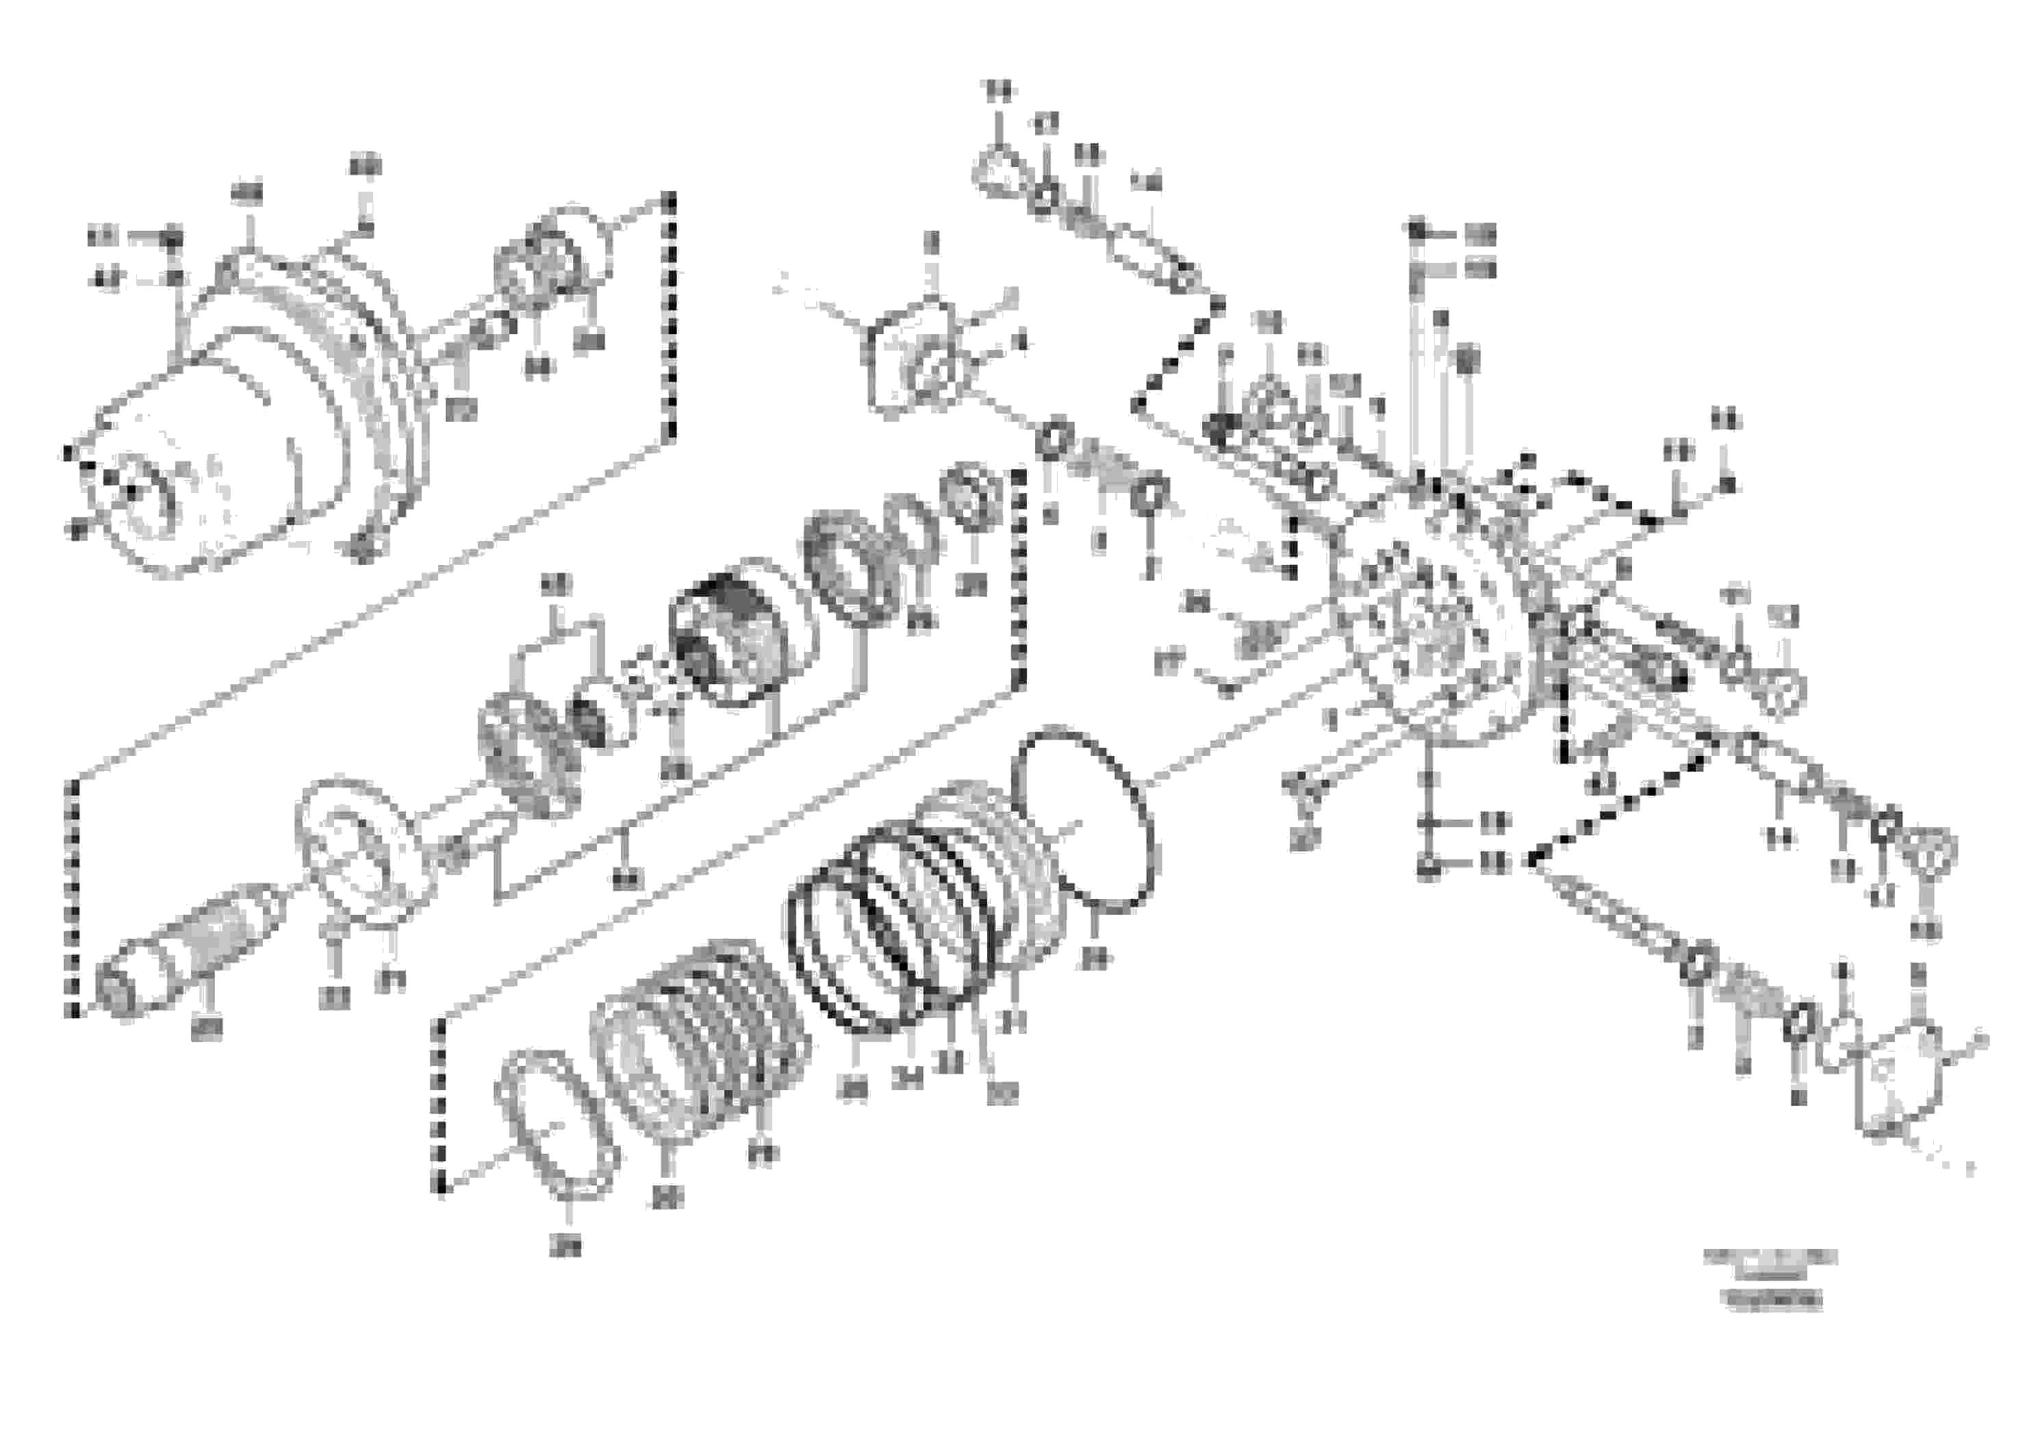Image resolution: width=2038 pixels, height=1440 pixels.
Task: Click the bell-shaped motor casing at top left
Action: tap(266, 417)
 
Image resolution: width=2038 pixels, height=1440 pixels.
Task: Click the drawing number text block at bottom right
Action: tap(1771, 1278)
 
